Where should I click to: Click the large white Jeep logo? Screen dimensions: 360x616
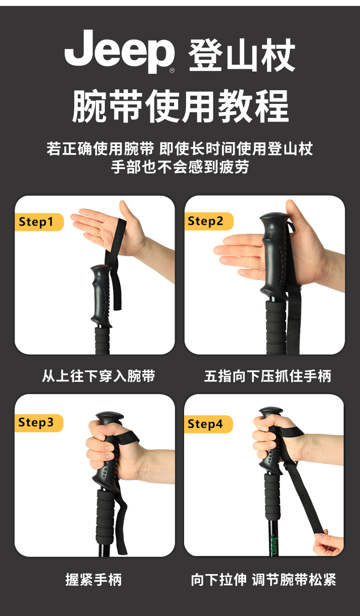pyautogui.click(x=119, y=51)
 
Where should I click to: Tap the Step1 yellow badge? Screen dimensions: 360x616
pyautogui.click(x=39, y=222)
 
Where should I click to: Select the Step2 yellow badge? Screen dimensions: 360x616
pyautogui.click(x=209, y=221)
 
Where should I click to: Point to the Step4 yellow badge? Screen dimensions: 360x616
pyautogui.click(x=208, y=424)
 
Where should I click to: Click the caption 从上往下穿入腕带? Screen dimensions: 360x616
pyautogui.click(x=98, y=376)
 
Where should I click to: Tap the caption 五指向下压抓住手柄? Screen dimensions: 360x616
pyautogui.click(x=267, y=376)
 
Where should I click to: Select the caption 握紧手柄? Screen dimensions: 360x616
pyautogui.click(x=93, y=580)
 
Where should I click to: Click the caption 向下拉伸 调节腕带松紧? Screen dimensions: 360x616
pyautogui.click(x=263, y=580)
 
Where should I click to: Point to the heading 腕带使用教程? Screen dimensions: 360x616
pyautogui.click(x=180, y=106)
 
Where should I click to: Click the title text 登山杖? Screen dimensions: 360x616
pyautogui.click(x=242, y=55)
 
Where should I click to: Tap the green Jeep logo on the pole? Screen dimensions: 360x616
pyautogui.click(x=274, y=544)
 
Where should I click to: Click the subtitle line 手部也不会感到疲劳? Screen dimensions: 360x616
pyautogui.click(x=180, y=167)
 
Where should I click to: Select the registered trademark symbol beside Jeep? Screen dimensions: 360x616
pyautogui.click(x=172, y=70)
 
